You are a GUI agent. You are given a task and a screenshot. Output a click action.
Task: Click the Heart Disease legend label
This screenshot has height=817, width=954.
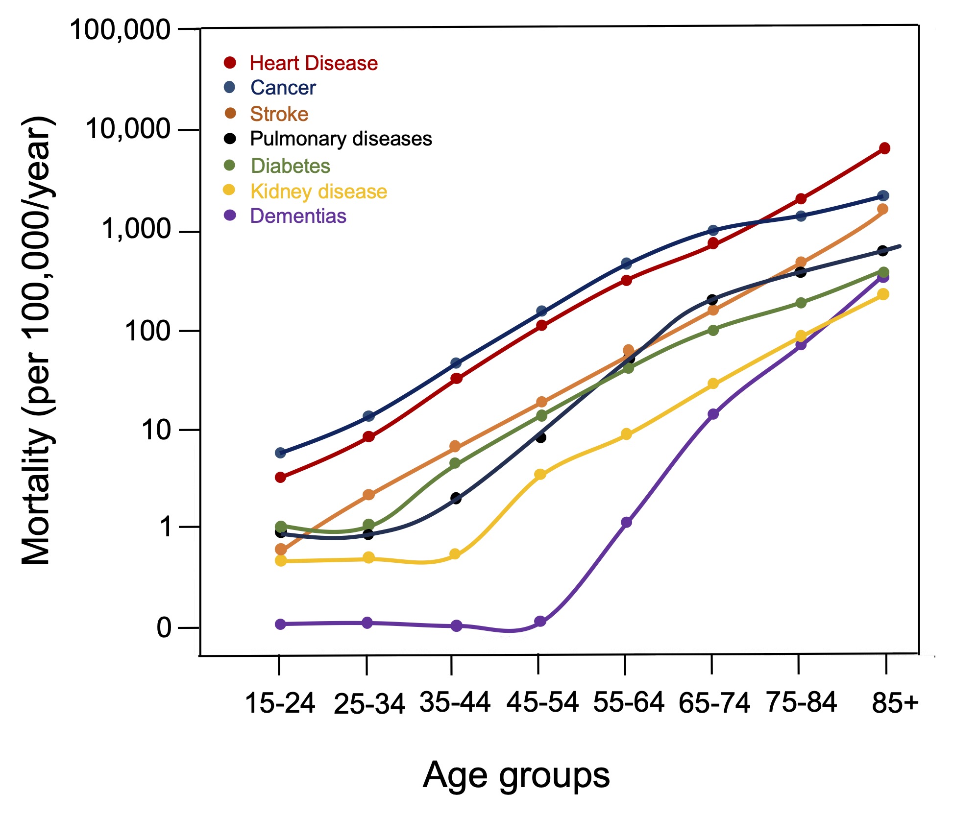[314, 63]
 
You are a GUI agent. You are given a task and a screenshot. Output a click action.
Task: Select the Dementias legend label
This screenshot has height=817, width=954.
[298, 216]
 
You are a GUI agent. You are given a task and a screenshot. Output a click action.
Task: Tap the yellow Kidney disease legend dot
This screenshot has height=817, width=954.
[229, 190]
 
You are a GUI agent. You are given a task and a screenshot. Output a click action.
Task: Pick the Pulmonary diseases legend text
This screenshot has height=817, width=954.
[341, 139]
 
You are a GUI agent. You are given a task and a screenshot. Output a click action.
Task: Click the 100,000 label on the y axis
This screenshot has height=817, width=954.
[120, 30]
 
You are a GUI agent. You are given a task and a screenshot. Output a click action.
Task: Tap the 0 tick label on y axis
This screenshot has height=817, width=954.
[164, 627]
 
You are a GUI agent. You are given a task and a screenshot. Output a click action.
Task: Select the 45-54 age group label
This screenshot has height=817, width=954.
[542, 702]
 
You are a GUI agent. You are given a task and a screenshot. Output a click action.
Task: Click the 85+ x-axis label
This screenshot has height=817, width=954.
[895, 703]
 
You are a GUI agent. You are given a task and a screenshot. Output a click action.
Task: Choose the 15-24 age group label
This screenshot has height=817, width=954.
[279, 703]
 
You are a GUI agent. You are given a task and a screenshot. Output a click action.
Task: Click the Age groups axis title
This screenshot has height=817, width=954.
[516, 775]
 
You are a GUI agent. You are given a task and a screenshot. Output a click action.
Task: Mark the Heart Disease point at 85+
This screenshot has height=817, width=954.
[884, 148]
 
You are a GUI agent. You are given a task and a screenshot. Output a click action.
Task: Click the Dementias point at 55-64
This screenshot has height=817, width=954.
[626, 522]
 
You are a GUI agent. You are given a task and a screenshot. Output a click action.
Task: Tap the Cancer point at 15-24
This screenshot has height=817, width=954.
[280, 453]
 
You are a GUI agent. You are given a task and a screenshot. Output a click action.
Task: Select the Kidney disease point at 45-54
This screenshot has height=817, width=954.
[540, 474]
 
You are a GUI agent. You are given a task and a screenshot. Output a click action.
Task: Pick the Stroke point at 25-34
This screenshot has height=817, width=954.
[368, 495]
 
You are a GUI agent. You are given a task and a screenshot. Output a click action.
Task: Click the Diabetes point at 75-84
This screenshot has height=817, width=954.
[801, 303]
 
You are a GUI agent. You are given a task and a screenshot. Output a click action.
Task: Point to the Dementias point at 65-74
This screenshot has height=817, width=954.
[713, 414]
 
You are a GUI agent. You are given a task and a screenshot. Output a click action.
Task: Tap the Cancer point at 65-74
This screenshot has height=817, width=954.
[713, 230]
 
